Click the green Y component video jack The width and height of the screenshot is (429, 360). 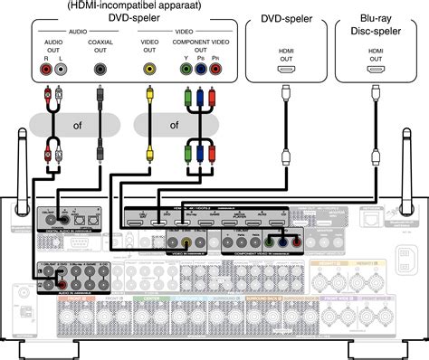(x=186, y=68)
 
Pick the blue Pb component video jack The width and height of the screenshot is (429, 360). (x=199, y=68)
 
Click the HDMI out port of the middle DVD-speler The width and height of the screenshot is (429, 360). (x=285, y=68)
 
